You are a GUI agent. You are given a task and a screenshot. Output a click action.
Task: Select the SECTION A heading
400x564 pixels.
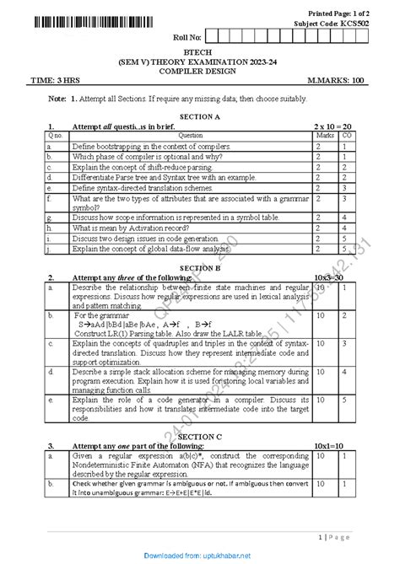[x=199, y=116]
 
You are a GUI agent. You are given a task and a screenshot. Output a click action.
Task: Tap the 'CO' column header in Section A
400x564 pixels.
[x=347, y=135]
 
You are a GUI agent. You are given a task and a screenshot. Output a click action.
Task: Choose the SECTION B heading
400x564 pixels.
[x=199, y=267]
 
